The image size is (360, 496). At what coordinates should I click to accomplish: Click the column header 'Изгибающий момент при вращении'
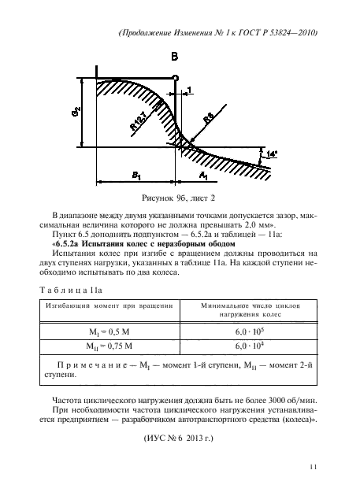point(109,305)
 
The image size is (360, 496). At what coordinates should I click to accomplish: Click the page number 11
point(313,468)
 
